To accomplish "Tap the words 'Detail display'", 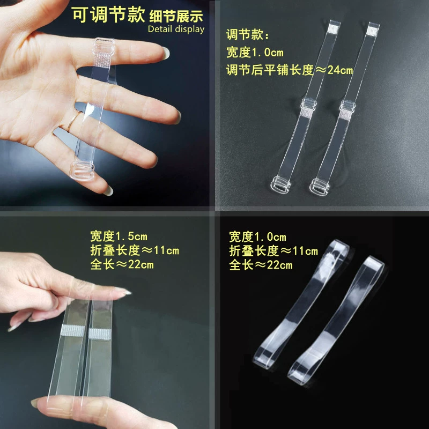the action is [x=176, y=29].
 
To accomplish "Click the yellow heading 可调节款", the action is [x=108, y=14].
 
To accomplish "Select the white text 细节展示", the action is [x=176, y=16].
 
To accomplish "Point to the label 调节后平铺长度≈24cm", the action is [x=289, y=70].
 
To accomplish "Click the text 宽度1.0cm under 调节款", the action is [x=255, y=52].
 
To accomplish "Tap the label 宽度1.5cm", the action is [x=119, y=236].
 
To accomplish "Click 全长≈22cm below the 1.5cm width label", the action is [x=122, y=264].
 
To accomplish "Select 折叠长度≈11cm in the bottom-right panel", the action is [x=273, y=251].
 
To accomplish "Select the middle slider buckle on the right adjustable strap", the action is [x=347, y=106].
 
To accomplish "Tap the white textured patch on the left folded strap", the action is [x=73, y=331].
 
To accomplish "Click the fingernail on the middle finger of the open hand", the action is [x=178, y=117].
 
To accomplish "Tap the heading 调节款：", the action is [x=248, y=34].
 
